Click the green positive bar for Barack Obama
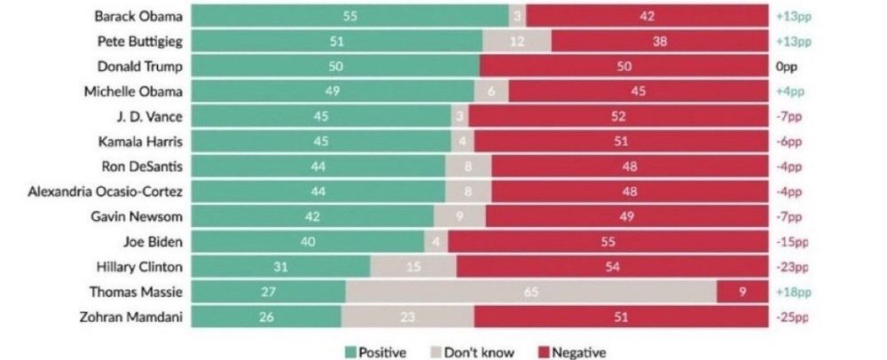[350, 16]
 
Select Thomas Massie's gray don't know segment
[530, 291]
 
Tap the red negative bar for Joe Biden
[608, 241]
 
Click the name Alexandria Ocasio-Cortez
[106, 191]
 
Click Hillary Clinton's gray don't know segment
[412, 266]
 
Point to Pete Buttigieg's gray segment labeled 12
[517, 41]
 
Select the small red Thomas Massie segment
[742, 291]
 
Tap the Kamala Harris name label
[144, 141]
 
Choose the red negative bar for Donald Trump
[624, 67]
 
